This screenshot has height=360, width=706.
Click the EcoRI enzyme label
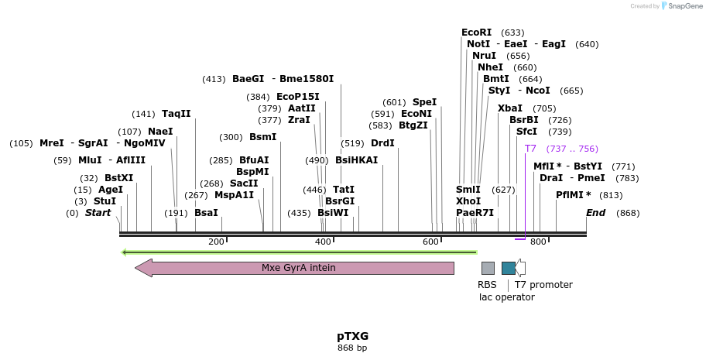pos(476,33)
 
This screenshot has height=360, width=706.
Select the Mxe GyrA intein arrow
pos(294,268)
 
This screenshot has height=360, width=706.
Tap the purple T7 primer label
pos(530,149)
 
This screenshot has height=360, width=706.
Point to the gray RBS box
pos(488,268)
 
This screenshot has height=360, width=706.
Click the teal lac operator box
pos(508,268)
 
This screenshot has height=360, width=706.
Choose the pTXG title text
pos(352,336)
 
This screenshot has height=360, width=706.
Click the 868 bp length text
pos(352,348)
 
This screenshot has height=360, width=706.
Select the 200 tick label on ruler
pos(216,242)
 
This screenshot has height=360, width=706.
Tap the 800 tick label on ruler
pos(538,242)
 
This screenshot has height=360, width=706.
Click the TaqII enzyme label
pos(176,114)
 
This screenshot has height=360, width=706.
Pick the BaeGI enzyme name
pos(248,79)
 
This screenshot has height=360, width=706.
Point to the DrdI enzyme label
pos(382,143)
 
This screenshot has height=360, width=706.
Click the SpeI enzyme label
pos(424,102)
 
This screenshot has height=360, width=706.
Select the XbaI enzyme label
pos(510,108)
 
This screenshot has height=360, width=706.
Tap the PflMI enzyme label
pos(573,195)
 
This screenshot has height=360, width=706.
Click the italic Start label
pos(98,213)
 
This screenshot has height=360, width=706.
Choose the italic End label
pos(595,213)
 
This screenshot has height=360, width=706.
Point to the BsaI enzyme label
pos(206,213)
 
